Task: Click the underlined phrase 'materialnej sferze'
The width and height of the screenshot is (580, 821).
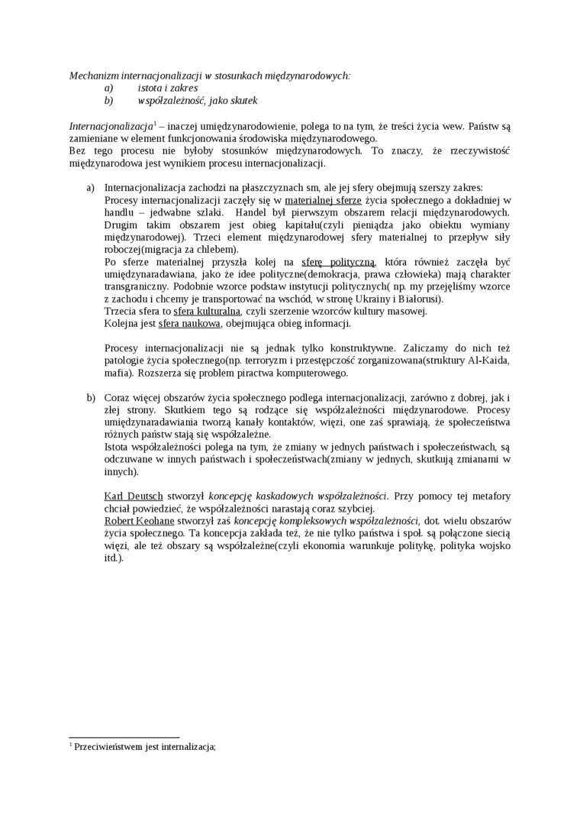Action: [324, 200]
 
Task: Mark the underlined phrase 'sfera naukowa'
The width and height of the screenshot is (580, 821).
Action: [189, 323]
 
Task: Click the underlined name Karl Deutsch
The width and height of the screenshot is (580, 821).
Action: [133, 496]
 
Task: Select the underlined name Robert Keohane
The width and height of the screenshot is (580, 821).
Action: [139, 521]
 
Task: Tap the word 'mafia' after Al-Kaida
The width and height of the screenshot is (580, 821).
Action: [116, 373]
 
